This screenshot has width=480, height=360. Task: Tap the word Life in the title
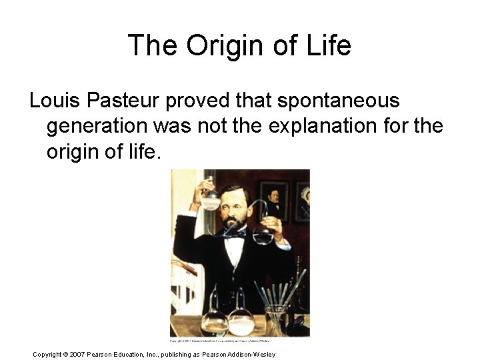tap(327, 46)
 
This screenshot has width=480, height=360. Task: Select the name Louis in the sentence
tap(52, 101)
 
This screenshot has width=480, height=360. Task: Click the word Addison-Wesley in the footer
tap(251, 354)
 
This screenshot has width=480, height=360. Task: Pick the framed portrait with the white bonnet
tap(303, 200)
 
